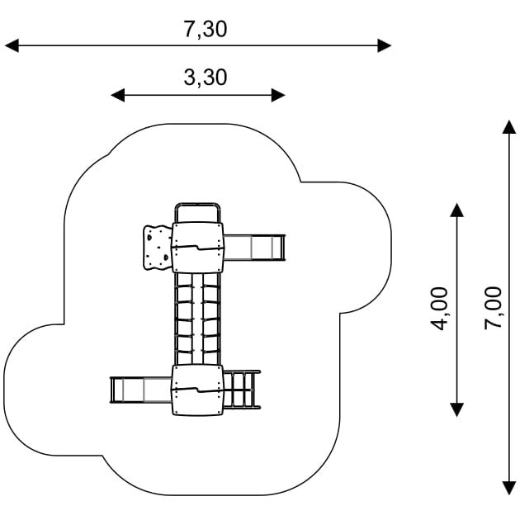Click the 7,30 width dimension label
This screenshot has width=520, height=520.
(206, 29)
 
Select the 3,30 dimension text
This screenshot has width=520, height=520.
(206, 78)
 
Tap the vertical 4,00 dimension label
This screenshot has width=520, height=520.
(440, 308)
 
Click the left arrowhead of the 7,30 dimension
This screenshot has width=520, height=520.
(12, 45)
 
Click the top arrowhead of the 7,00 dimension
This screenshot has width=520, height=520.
(509, 126)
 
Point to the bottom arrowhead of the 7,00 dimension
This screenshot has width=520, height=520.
(509, 489)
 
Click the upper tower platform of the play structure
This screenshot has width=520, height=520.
(198, 248)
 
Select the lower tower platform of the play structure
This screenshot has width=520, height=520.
(198, 390)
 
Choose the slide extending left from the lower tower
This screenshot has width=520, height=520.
(140, 390)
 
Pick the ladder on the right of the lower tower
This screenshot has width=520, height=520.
(243, 390)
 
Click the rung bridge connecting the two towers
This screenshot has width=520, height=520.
(198, 319)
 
